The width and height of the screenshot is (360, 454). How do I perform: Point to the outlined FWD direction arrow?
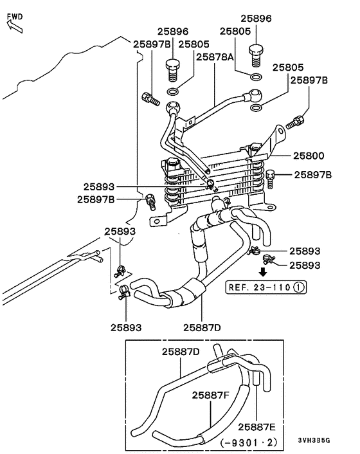[12, 26]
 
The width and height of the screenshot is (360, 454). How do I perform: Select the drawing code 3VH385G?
[315, 440]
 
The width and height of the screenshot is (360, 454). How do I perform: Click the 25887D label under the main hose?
[201, 327]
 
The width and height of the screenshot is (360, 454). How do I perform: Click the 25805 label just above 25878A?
[194, 44]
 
